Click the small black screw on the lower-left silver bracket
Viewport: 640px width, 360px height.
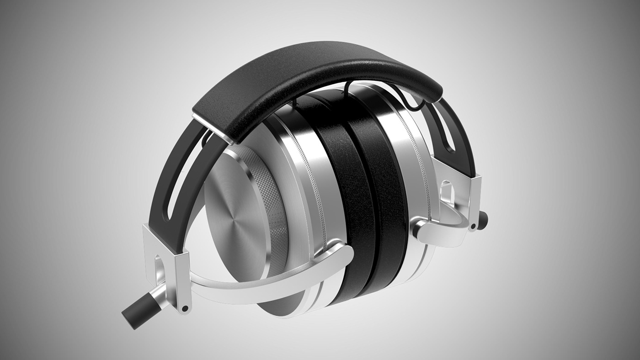pyautogui.click(x=185, y=309)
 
